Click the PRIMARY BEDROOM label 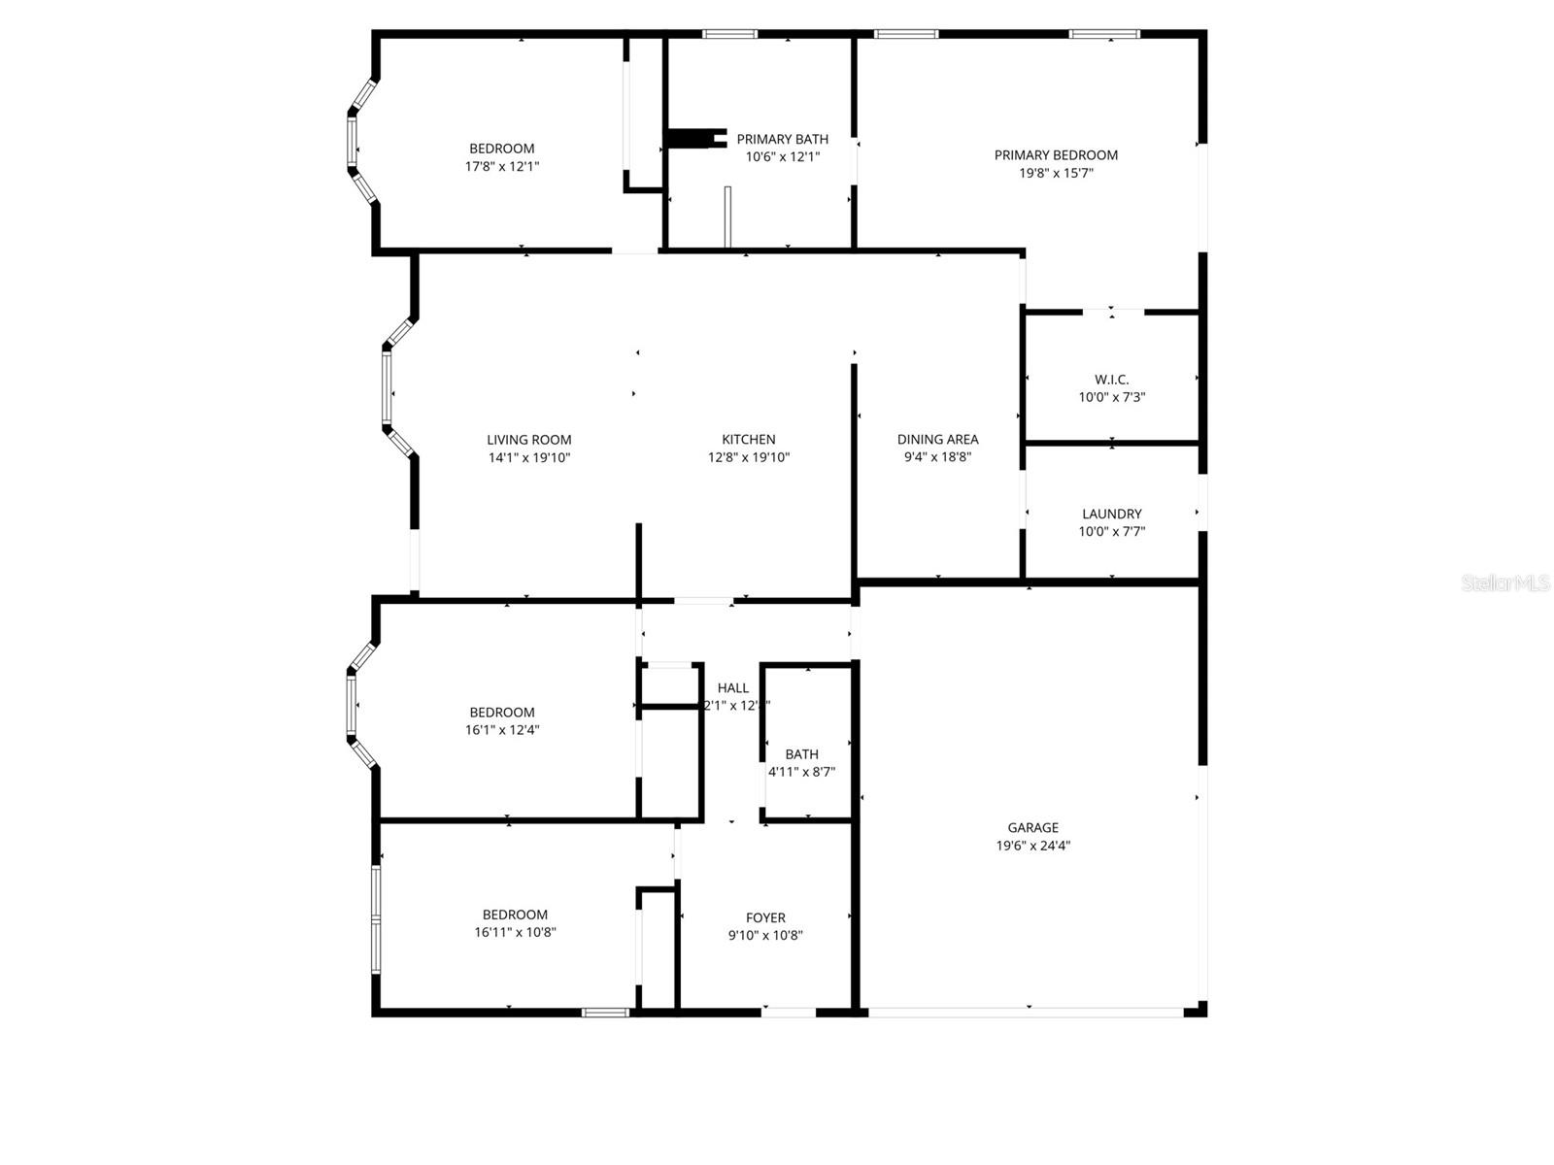1056,155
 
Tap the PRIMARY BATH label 782,140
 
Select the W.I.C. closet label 1111,380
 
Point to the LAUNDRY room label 1112,514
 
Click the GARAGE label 1032,827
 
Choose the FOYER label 765,917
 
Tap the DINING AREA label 937,440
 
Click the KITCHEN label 748,440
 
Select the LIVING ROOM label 528,440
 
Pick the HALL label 733,688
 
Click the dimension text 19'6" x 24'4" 1032,846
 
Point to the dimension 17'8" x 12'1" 502,167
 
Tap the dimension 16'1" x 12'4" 502,730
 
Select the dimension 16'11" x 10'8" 515,932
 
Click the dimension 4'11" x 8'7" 801,772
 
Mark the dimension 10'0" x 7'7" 1112,532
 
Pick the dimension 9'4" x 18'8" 937,457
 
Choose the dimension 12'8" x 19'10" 748,457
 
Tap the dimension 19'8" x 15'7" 1056,173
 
